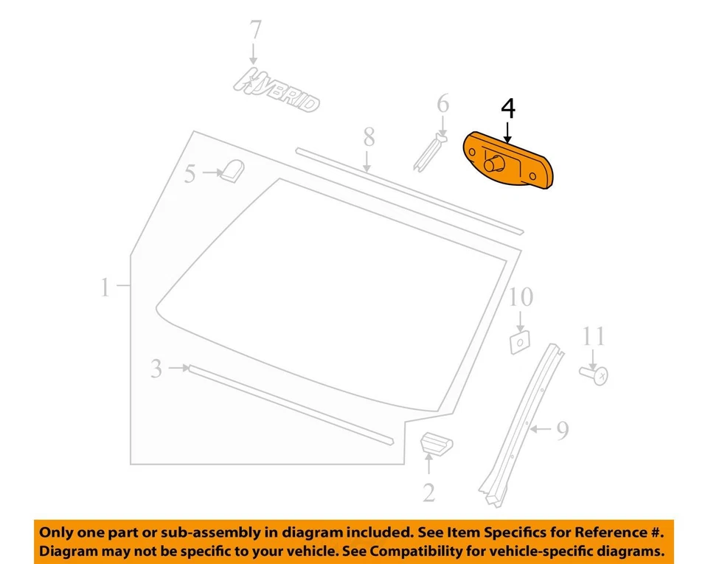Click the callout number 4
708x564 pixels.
click(x=508, y=108)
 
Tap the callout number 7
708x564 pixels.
click(x=254, y=30)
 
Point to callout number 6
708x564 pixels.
click(x=442, y=104)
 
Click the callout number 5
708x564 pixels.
click(x=190, y=174)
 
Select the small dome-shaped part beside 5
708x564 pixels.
click(x=235, y=171)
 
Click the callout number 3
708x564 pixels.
click(x=156, y=367)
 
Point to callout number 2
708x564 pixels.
click(x=429, y=492)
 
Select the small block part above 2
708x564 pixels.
click(x=436, y=444)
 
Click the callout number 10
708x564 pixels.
click(x=520, y=297)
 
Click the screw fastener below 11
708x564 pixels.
click(x=596, y=376)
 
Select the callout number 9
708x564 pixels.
click(x=562, y=430)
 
